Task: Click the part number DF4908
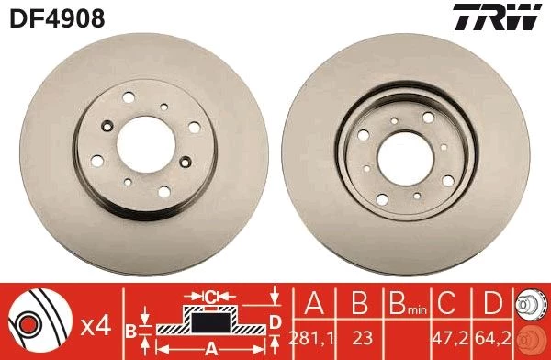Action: click(x=57, y=18)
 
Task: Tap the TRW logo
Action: click(x=497, y=17)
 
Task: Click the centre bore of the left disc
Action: click(x=146, y=144)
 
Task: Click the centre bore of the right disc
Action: click(x=405, y=159)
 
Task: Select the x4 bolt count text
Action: click(x=96, y=327)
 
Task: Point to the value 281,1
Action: click(x=311, y=338)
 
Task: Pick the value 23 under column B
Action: click(x=362, y=338)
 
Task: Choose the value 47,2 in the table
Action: click(x=451, y=338)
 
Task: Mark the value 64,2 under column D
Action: click(x=492, y=338)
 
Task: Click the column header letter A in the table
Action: click(x=314, y=302)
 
